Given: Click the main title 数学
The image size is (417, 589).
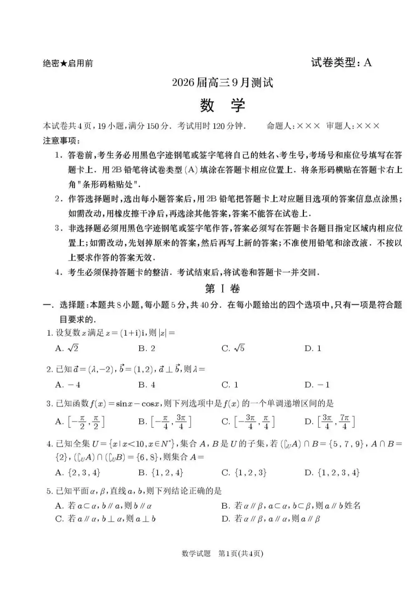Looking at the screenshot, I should (222, 106).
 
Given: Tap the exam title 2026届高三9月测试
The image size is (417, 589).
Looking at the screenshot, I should (222, 83).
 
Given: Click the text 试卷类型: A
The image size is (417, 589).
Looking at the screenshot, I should (341, 63).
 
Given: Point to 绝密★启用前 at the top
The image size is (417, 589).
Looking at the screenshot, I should (68, 63).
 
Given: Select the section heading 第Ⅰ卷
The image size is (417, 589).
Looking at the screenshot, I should (222, 288).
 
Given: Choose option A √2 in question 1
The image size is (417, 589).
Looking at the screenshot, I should (67, 348).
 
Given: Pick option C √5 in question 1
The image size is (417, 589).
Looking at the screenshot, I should (233, 348).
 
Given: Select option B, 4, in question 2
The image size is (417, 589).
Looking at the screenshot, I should (147, 384).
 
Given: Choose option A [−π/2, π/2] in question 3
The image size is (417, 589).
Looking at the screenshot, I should (80, 422).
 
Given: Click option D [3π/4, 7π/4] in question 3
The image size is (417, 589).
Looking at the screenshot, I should (330, 422).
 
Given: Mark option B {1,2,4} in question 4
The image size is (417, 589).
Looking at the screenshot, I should (161, 472).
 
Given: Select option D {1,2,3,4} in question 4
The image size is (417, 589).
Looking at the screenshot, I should (332, 472).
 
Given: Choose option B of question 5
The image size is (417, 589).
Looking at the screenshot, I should (288, 506).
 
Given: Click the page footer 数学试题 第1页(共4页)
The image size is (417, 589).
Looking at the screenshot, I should (223, 554).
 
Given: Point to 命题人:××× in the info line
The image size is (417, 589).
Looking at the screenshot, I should (294, 126).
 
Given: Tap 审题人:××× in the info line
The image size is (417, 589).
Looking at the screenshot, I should (353, 126).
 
